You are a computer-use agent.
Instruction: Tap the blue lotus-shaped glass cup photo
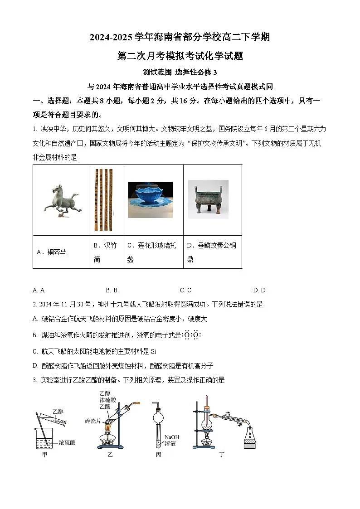tap(150, 200)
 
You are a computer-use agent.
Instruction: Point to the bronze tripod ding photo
tap(208, 200)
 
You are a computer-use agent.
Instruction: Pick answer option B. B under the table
tap(112, 290)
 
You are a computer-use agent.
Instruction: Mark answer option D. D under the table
tap(259, 290)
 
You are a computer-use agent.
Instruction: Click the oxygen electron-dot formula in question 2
tap(192, 335)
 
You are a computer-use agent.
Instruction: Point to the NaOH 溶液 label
tap(171, 440)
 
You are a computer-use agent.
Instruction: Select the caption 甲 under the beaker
tap(44, 454)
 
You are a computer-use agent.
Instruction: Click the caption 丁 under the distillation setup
tap(221, 454)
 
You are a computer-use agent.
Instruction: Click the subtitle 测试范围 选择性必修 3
tap(180, 72)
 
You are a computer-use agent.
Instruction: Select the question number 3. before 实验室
tap(35, 380)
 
